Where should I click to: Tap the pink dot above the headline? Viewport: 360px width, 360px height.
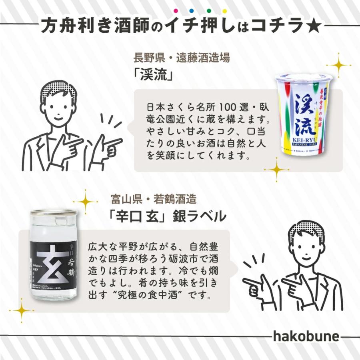tap(176, 11)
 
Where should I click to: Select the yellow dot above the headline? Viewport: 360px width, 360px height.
tap(224, 11)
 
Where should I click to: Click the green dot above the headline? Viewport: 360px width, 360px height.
tap(208, 11)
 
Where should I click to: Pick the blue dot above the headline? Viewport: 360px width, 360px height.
tap(192, 11)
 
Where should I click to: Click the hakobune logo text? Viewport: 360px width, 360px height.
tap(306, 336)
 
